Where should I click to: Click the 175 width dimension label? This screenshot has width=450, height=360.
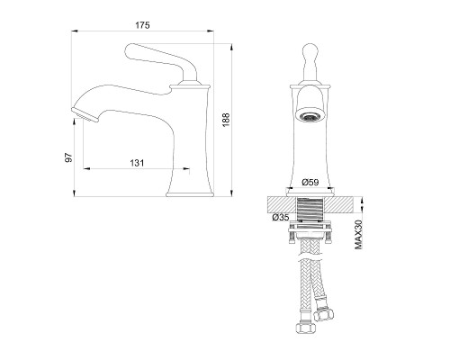(142, 25)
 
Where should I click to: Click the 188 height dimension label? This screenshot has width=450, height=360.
(226, 120)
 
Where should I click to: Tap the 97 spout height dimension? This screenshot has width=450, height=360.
(69, 157)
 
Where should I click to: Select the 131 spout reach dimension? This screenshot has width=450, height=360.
(137, 163)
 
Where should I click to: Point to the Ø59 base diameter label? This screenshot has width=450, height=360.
(310, 182)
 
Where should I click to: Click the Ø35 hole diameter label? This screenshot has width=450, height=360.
(281, 217)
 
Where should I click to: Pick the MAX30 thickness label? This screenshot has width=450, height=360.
(358, 234)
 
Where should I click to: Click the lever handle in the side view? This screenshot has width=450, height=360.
(161, 61)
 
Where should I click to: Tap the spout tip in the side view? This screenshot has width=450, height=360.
(85, 114)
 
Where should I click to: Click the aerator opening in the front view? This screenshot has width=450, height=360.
(310, 117)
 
